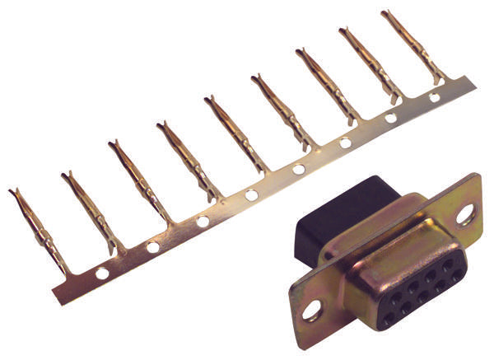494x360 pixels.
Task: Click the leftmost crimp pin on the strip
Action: click(40, 231)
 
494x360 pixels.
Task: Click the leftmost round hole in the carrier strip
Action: click(101, 273)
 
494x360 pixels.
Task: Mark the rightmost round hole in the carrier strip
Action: click(435, 97)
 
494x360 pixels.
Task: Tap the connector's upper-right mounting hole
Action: click(465, 216)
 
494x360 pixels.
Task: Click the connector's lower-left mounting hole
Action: click(312, 311)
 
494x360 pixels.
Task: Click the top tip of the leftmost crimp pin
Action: click(12, 192)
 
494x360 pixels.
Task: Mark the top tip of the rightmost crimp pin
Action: click(385, 12)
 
